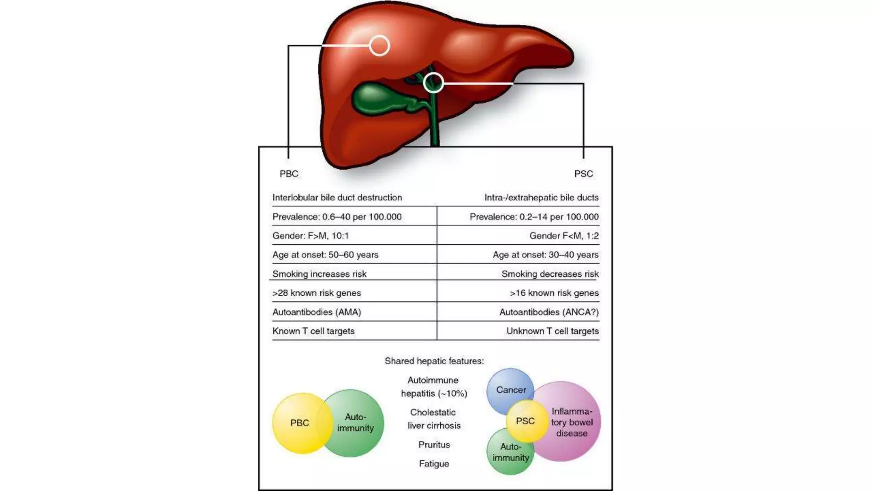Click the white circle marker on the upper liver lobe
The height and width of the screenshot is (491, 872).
(379, 46)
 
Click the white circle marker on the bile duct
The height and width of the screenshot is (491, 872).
(433, 83)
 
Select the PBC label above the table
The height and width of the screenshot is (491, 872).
(289, 174)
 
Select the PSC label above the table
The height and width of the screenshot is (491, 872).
(583, 174)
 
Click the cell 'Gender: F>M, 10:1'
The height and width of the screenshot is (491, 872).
(310, 236)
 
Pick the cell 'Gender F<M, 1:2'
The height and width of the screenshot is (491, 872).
(564, 236)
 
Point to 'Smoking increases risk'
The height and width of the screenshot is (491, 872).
(319, 274)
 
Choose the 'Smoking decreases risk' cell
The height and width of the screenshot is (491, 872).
(550, 274)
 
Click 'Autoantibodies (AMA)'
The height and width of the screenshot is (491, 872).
(316, 312)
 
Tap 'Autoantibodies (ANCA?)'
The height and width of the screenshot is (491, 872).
(549, 312)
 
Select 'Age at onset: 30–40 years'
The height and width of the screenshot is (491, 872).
(545, 255)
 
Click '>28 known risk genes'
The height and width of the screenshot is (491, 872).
(316, 293)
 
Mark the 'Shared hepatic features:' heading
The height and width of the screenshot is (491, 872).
(434, 361)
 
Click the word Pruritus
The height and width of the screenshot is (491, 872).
(434, 445)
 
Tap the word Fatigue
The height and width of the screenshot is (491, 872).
(434, 464)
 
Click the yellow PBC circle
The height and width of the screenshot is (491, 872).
(298, 423)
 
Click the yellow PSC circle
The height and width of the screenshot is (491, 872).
(526, 421)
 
